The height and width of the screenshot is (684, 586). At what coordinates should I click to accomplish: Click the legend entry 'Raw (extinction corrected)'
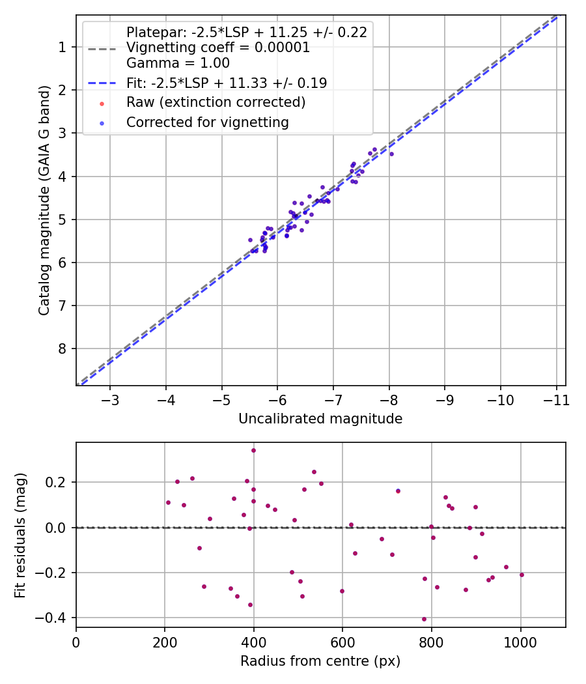coord(216,102)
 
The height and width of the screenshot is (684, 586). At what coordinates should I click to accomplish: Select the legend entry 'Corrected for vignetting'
coord(208,122)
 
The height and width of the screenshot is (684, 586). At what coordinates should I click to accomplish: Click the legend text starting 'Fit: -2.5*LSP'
coord(227,83)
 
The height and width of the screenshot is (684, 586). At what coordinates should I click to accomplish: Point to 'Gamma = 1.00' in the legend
coord(178,63)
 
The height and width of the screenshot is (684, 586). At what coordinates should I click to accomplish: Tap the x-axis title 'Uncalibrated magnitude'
coord(320,419)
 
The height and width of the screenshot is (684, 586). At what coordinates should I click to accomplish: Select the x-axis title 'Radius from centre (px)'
coord(320,661)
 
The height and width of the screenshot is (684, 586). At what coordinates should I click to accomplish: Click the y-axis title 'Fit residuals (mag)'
coord(20,535)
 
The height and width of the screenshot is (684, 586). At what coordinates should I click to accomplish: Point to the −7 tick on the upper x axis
coord(333,399)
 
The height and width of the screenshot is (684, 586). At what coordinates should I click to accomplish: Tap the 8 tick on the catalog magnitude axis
coord(63,349)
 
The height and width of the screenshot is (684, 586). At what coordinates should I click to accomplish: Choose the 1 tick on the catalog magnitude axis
coord(63,47)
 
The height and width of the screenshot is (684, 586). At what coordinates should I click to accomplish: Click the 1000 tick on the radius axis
coord(520,641)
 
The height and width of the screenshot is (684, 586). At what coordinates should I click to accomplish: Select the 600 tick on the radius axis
coord(342,641)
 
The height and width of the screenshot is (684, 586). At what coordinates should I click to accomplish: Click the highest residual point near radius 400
coord(253,450)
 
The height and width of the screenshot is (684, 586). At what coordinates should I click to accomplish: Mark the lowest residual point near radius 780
coord(424,619)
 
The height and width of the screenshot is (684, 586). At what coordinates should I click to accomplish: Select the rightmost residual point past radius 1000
coord(522,575)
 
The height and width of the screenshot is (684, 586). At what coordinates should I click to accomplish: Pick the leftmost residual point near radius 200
coord(168,502)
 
